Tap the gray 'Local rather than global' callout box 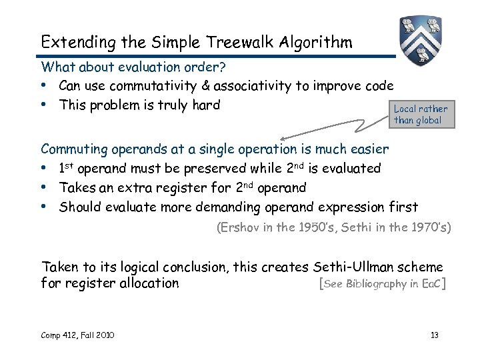421,114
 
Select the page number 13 434,335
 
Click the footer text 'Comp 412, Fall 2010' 77,335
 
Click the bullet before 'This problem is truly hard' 45,105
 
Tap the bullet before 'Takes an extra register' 45,188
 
